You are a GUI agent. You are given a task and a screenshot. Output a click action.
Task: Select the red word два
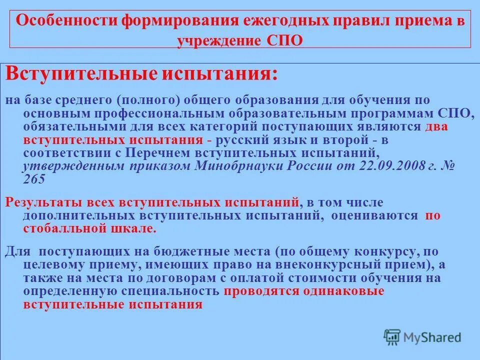pyautogui.click(x=436, y=126)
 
